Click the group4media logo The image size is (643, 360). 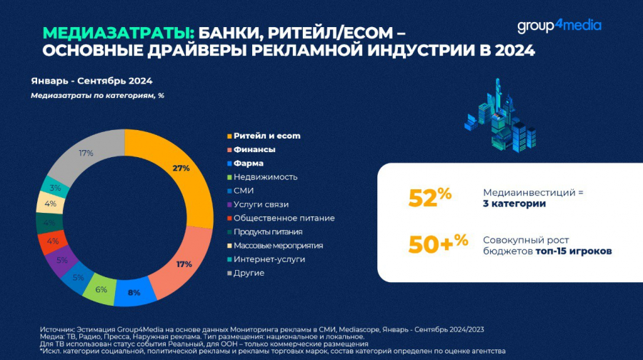pos(559,26)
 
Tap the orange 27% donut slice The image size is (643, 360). pos(180,169)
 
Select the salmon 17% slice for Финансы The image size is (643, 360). pos(184,265)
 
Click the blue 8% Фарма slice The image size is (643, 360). pos(134,291)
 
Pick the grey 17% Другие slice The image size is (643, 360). pos(87,153)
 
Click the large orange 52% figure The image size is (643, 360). pos(429,198)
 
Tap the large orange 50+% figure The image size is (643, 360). pos(437,244)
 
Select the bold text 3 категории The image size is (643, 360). pos(514,204)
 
